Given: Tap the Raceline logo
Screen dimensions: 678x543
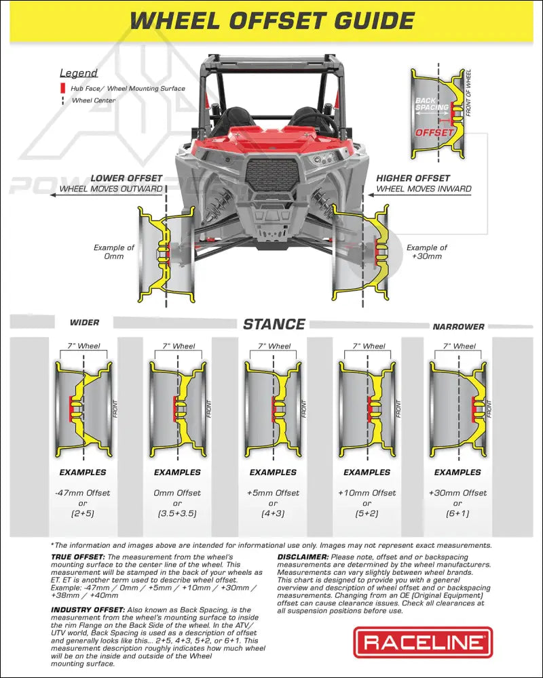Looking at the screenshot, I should coord(423,642).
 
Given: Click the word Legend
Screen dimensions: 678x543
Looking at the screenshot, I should coord(79,73).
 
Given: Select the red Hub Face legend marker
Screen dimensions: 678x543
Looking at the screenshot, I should coord(62,88).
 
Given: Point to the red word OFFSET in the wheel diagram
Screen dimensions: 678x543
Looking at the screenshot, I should coord(434,133).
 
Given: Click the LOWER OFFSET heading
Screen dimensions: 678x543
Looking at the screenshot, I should coord(126,178).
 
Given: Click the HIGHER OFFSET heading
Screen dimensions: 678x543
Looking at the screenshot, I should coord(413,178).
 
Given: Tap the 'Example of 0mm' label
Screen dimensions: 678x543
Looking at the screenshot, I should coord(114,252).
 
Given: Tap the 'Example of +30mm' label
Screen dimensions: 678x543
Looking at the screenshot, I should coord(427,252).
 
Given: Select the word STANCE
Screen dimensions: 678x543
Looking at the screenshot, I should coord(274,324).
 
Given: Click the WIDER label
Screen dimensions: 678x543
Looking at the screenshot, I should coord(84,323).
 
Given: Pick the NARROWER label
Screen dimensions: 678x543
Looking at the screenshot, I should coord(459,327).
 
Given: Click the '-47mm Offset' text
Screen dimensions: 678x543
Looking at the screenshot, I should coord(83,493).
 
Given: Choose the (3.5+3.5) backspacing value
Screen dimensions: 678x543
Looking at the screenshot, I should coord(177,513).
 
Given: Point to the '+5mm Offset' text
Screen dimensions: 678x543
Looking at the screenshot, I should coord(273,493).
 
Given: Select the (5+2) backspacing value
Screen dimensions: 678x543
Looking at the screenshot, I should coord(367,513).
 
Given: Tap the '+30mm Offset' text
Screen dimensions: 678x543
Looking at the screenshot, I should coord(457,493).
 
